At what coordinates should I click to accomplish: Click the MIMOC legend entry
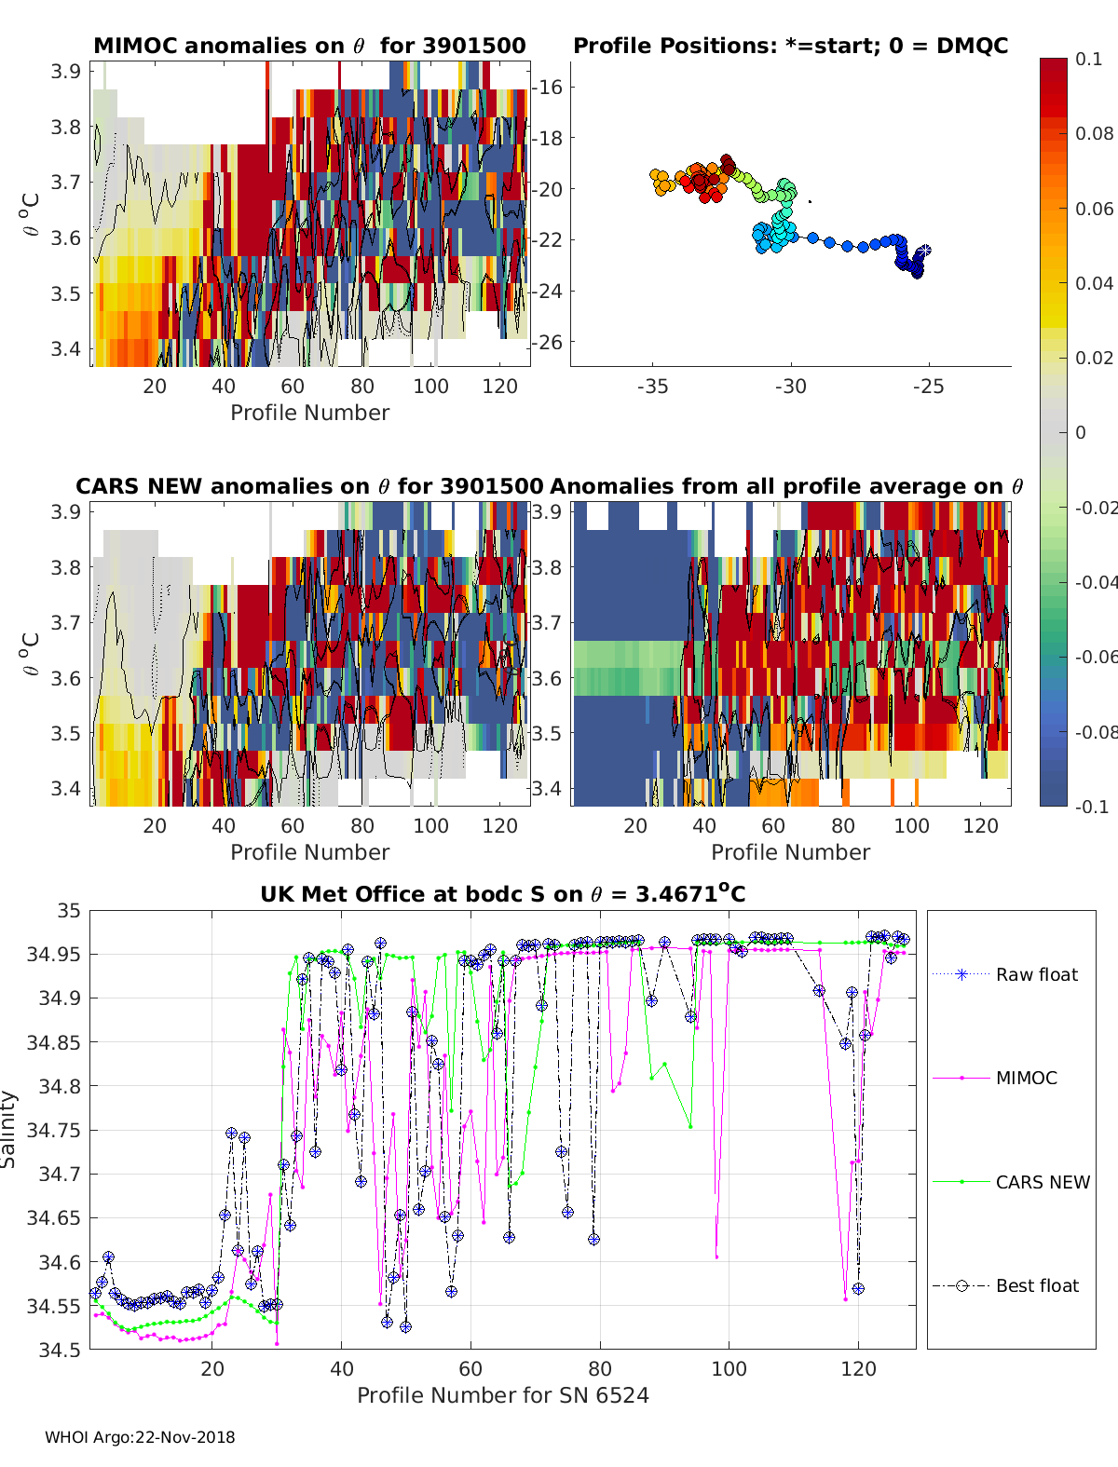pos(1026,1078)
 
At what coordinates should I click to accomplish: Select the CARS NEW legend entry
pos(1042,1182)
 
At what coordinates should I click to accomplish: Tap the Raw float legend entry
pos(1036,974)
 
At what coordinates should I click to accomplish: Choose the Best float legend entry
pos(1036,1285)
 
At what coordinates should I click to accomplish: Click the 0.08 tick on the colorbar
pos(1094,133)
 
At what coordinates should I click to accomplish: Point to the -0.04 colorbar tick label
pos(1095,582)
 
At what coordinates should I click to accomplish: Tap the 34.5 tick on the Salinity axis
pos(61,1349)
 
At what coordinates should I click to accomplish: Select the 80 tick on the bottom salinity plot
pos(600,1368)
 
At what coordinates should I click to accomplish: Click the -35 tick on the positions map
pos(653,386)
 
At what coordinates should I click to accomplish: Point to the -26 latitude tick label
pos(547,342)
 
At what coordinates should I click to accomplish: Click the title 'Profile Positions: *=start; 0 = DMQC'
pos(790,46)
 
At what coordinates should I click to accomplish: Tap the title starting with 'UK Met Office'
pos(503,894)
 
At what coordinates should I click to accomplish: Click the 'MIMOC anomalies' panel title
pos(309,46)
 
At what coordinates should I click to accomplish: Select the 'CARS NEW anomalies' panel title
pos(309,486)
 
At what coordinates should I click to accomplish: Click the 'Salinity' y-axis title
pos(9,1129)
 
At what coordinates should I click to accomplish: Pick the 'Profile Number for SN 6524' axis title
pos(503,1395)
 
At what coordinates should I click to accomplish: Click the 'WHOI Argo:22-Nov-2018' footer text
pos(140,1437)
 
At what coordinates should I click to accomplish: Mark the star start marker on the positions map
pos(923,251)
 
